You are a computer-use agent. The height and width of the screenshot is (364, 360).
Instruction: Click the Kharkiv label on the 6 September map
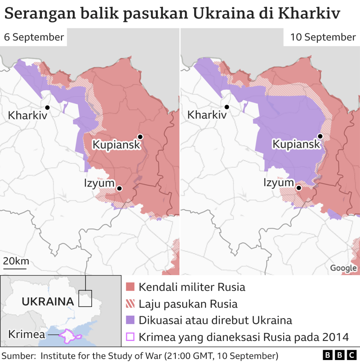point(27,116)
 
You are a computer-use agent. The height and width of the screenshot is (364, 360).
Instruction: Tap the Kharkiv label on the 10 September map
point(207,115)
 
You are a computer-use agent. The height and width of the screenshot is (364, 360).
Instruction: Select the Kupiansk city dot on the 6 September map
point(140,137)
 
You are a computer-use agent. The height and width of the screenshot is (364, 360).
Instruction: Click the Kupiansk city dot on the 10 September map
point(320,136)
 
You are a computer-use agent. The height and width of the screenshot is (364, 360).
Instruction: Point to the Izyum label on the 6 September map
point(100,183)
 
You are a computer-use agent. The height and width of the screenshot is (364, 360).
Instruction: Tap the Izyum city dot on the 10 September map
point(299,188)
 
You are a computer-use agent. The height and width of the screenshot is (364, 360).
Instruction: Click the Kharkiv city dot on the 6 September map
point(47,107)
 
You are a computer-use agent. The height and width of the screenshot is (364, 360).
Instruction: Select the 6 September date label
point(34,37)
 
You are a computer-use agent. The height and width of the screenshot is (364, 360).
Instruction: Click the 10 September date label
point(323,37)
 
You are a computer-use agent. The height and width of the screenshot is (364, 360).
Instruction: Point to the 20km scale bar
point(15,268)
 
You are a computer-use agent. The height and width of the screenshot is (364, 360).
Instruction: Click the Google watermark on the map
point(343,268)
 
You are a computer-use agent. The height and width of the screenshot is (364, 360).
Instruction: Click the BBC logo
point(339,355)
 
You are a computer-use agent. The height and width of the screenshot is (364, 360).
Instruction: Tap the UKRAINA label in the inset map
point(48,302)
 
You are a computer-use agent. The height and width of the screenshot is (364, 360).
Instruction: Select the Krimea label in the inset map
point(26,334)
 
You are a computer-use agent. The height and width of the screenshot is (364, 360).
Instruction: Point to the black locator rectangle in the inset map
point(85,298)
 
